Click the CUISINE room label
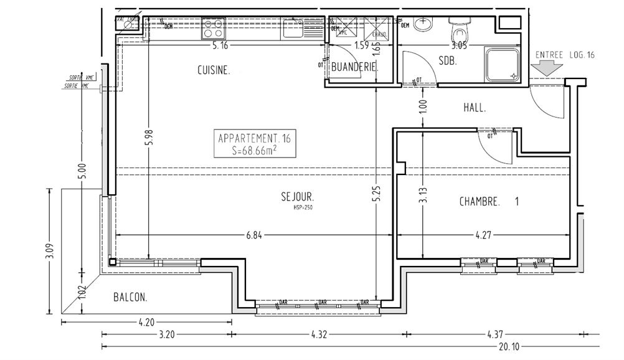pyautogui.click(x=214, y=71)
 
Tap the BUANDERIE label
pyautogui.click(x=355, y=66)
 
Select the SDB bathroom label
pyautogui.click(x=448, y=61)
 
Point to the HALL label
pyautogui.click(x=475, y=108)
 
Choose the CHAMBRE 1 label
pyautogui.click(x=489, y=202)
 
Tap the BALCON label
pyautogui.click(x=130, y=298)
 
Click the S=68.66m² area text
pyautogui.click(x=253, y=149)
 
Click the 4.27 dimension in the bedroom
pyautogui.click(x=483, y=235)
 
